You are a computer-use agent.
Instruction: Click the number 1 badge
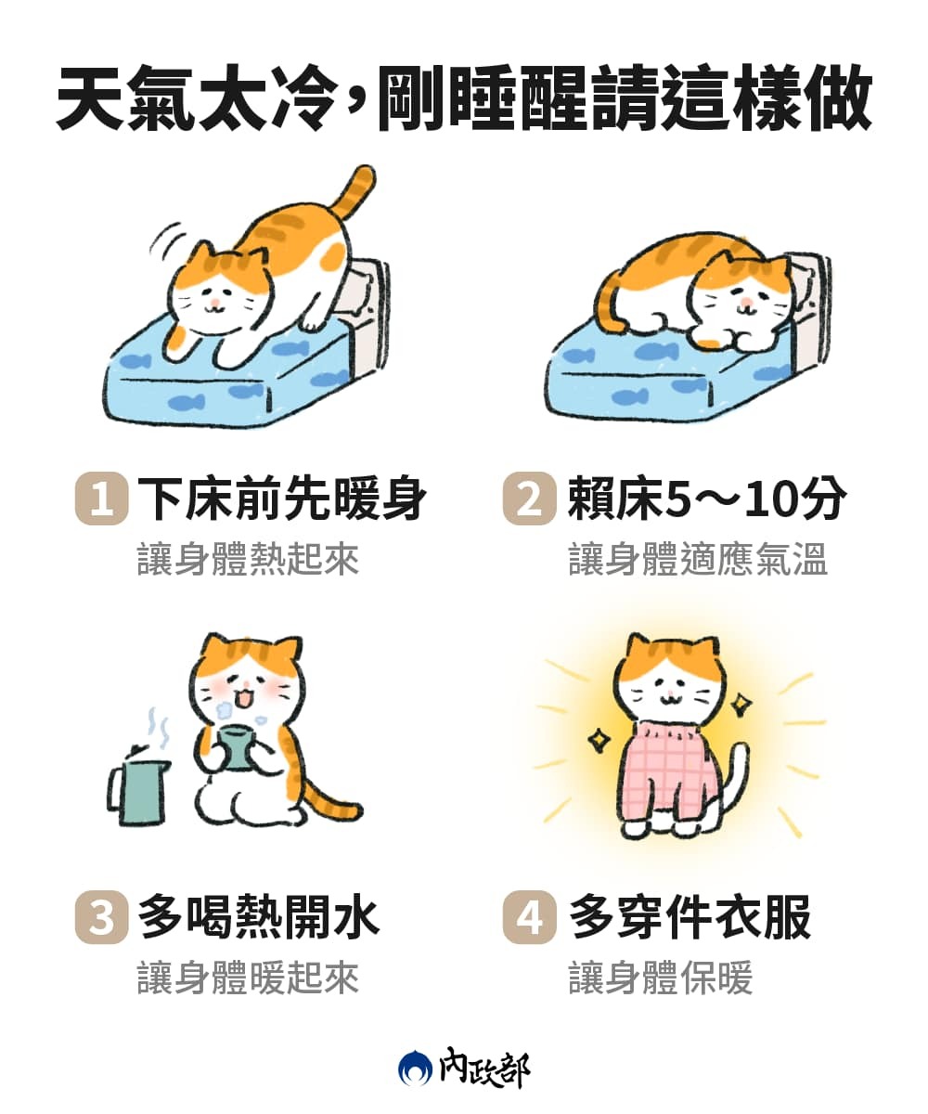(101, 499)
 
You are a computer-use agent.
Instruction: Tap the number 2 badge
(529, 499)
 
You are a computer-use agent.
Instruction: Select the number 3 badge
(101, 918)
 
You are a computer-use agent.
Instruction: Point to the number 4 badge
(529, 918)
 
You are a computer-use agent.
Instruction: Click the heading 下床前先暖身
(282, 499)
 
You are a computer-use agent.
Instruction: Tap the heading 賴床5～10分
(707, 499)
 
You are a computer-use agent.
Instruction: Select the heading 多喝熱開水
(259, 918)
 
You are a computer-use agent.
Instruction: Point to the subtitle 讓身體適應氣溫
(698, 560)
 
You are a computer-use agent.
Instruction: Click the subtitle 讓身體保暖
(661, 978)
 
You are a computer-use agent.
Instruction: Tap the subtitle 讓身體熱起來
(248, 560)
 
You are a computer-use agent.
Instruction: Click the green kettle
(142, 790)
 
